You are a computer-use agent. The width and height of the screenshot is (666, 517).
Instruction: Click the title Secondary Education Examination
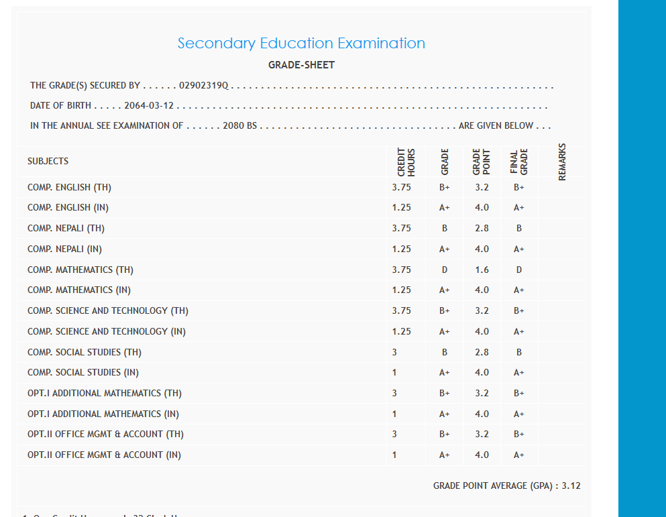click(x=301, y=44)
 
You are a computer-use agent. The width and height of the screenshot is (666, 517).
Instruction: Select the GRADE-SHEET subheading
click(x=301, y=65)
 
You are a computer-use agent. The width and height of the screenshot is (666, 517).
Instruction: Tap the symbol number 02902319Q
click(x=204, y=86)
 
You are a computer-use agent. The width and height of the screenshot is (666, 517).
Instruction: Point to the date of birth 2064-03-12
click(x=150, y=106)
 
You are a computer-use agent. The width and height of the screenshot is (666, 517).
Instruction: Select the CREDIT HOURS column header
click(x=406, y=162)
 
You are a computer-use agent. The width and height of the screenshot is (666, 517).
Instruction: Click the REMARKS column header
click(x=562, y=162)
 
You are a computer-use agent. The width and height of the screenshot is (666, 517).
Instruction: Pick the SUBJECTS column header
click(x=48, y=161)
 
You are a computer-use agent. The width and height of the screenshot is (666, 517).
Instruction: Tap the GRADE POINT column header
click(x=482, y=162)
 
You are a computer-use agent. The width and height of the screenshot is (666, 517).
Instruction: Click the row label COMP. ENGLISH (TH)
click(x=69, y=187)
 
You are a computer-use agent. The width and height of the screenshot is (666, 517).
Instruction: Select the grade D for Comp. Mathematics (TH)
click(x=445, y=270)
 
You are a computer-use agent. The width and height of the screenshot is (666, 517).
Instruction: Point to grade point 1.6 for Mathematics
click(x=482, y=270)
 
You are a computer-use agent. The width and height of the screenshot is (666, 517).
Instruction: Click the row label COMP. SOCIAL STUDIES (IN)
click(x=83, y=372)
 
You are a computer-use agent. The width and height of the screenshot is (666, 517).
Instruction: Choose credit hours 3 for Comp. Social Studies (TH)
click(x=394, y=352)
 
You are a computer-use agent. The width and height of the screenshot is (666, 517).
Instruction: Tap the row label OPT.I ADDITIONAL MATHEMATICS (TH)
click(x=105, y=393)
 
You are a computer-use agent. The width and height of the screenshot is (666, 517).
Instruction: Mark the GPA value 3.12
click(x=571, y=485)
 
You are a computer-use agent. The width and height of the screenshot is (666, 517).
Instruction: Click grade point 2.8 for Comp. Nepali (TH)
click(x=482, y=228)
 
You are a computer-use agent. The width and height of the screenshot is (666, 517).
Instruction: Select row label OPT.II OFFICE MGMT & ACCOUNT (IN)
click(x=104, y=455)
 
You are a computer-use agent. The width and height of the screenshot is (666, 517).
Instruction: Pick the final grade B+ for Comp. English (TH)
click(x=518, y=187)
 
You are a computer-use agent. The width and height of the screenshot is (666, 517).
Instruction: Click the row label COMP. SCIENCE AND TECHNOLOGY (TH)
click(x=108, y=310)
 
